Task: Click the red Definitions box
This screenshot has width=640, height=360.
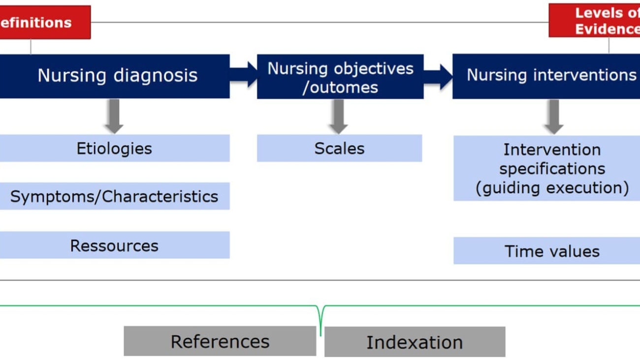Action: pyautogui.click(x=44, y=22)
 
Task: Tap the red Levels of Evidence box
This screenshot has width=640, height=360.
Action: pyautogui.click(x=595, y=21)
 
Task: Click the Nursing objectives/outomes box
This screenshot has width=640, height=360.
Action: pyautogui.click(x=340, y=77)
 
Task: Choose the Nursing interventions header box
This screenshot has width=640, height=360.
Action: pyautogui.click(x=546, y=76)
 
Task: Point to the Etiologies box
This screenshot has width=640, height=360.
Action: pyautogui.click(x=114, y=148)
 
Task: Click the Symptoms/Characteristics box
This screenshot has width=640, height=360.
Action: pyautogui.click(x=114, y=196)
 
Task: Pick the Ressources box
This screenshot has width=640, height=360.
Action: pyautogui.click(x=114, y=245)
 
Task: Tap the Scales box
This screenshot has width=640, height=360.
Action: pyautogui.click(x=339, y=148)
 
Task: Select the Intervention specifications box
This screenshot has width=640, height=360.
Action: pyautogui.click(x=546, y=168)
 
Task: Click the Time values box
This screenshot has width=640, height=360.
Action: pyautogui.click(x=546, y=251)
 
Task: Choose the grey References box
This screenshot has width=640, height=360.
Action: pyautogui.click(x=220, y=341)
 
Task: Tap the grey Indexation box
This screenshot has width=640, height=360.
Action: pyautogui.click(x=415, y=342)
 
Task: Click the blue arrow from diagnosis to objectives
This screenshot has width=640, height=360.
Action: pyautogui.click(x=244, y=75)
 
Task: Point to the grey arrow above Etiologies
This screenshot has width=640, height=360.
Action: pyautogui.click(x=114, y=116)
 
